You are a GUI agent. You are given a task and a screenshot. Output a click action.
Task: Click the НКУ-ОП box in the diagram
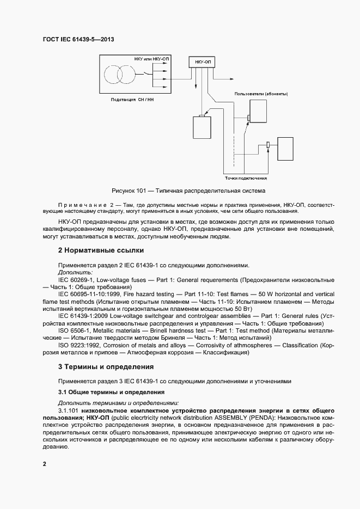[x=202, y=63]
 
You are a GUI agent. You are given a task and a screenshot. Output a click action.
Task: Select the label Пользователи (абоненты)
[x=261, y=94]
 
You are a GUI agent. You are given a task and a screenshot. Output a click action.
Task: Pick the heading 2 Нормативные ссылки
[x=101, y=251]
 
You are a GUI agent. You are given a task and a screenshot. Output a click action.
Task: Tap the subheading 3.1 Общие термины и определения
[x=111, y=392]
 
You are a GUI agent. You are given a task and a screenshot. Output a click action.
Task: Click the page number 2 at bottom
[x=44, y=464]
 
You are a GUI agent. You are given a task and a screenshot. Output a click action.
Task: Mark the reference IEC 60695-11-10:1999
[x=93, y=294]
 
